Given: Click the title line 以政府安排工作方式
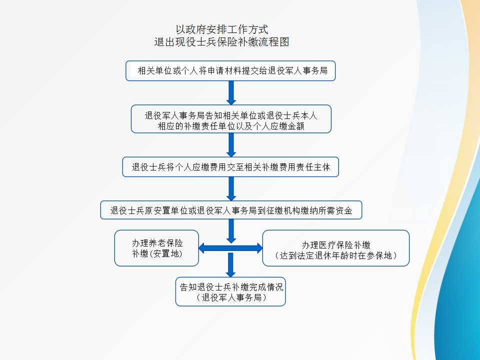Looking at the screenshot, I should tap(222, 30).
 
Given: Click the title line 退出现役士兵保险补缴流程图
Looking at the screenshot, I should tap(222, 42).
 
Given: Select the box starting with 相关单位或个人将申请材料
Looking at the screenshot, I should tap(230, 71).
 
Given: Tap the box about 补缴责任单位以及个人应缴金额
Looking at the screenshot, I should tap(231, 119).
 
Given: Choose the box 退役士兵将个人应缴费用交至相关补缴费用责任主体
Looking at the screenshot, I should tap(230, 167).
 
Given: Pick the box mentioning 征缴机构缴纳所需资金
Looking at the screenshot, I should tap(231, 210).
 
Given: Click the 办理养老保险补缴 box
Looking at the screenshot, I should tap(157, 248).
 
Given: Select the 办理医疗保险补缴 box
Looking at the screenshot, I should tap(336, 248).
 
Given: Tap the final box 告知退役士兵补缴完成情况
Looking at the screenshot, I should tap(230, 291).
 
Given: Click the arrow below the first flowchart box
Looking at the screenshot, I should tap(231, 92).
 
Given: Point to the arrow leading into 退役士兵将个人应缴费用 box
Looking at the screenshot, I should tap(231, 145).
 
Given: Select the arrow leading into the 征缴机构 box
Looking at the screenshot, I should tap(231, 189).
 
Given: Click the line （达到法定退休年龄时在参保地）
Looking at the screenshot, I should tap(336, 255).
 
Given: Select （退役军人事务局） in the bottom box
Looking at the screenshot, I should tap(230, 297).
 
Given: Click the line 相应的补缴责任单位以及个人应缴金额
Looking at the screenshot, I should tap(231, 126).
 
